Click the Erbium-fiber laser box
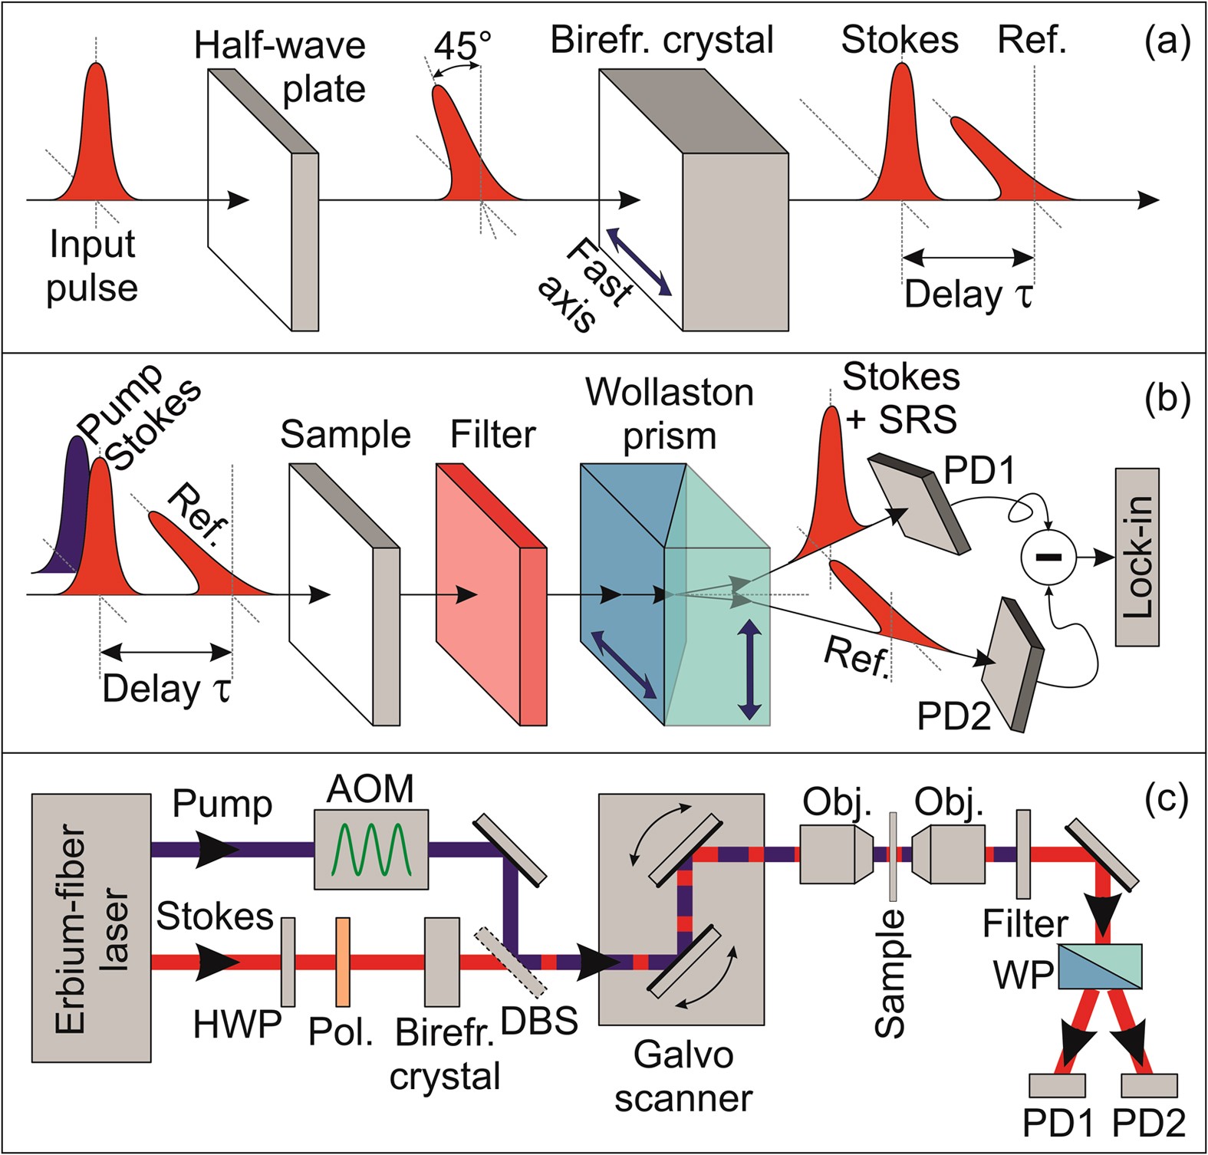point(91,928)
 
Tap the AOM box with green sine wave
point(371,849)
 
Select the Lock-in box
point(1137,558)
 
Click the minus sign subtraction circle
point(1048,557)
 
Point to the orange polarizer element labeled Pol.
point(343,962)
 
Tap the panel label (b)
point(1165,400)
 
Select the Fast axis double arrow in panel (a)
point(638,262)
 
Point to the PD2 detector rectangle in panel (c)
point(1148,1085)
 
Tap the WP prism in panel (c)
point(1099,966)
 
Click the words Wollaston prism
point(670,414)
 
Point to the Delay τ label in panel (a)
point(968,295)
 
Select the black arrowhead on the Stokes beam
point(212,962)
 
